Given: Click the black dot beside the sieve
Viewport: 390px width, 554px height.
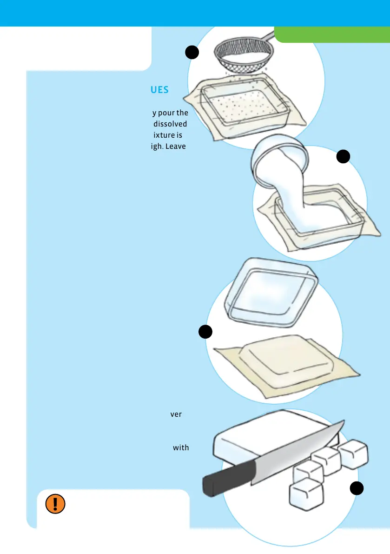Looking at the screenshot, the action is (x=192, y=52).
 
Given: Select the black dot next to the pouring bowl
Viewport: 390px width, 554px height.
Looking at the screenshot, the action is (x=343, y=157).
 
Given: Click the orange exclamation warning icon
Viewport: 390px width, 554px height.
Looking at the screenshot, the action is (x=55, y=504).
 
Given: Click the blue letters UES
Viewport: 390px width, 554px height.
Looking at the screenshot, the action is (x=159, y=90).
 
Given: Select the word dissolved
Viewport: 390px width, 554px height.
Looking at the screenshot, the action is (x=170, y=124).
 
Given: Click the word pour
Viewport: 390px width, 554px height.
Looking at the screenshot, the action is (x=167, y=113).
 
